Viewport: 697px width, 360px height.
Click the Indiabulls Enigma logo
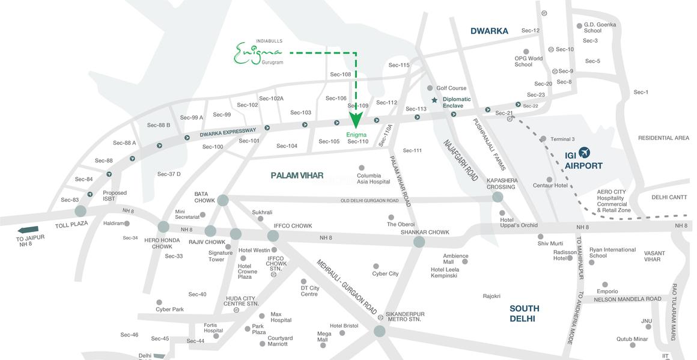(x=258, y=52)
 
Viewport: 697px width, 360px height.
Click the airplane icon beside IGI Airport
(x=584, y=153)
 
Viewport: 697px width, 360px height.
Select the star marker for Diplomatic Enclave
(x=434, y=100)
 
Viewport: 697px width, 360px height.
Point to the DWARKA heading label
(x=489, y=31)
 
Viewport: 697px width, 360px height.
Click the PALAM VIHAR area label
(x=297, y=175)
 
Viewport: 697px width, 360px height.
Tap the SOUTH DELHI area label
(x=524, y=313)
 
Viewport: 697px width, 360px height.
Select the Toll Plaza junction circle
(x=81, y=211)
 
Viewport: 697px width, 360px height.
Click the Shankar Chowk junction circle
(x=419, y=242)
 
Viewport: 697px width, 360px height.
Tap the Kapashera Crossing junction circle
(x=498, y=197)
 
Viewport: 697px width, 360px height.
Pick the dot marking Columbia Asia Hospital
(x=361, y=168)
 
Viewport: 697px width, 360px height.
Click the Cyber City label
(x=385, y=273)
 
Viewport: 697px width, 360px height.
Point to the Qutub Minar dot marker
(x=632, y=346)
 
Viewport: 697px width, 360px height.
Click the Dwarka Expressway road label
(x=228, y=133)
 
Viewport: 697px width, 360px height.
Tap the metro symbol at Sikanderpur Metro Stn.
(x=380, y=317)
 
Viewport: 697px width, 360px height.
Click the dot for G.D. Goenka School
(x=579, y=26)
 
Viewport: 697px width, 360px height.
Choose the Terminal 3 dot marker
(x=543, y=139)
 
